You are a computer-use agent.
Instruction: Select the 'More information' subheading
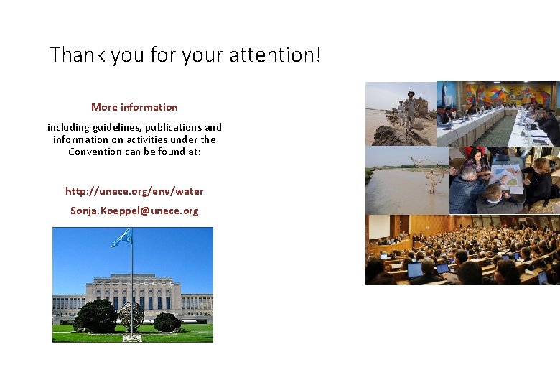pyautogui.click(x=134, y=107)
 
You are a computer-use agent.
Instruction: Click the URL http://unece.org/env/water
pyautogui.click(x=134, y=191)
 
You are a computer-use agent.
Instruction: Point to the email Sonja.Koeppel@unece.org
pyautogui.click(x=134, y=211)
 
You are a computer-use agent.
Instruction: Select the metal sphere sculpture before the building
pyautogui.click(x=131, y=316)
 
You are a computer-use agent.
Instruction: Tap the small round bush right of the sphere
pyautogui.click(x=167, y=322)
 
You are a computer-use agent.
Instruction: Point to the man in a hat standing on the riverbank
pyautogui.click(x=410, y=108)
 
